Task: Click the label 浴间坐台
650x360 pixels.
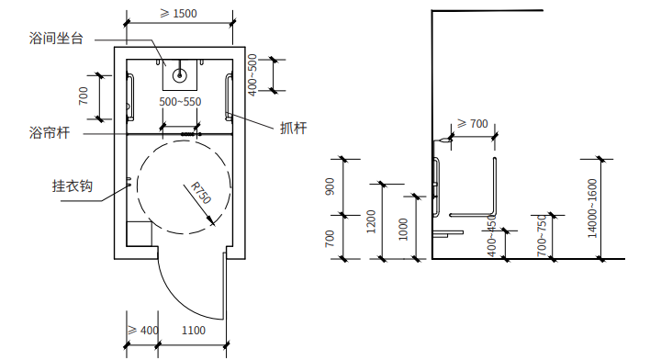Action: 56,39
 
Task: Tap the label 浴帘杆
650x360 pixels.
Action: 50,133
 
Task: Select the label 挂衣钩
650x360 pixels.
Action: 73,186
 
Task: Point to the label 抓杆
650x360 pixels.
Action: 293,128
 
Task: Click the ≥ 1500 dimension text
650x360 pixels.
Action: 178,13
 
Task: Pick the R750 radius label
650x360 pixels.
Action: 201,193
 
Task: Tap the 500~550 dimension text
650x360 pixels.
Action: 180,102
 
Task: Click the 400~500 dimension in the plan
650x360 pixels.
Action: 252,74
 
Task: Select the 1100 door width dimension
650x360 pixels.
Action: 194,330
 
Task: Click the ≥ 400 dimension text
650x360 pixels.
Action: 143,330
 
